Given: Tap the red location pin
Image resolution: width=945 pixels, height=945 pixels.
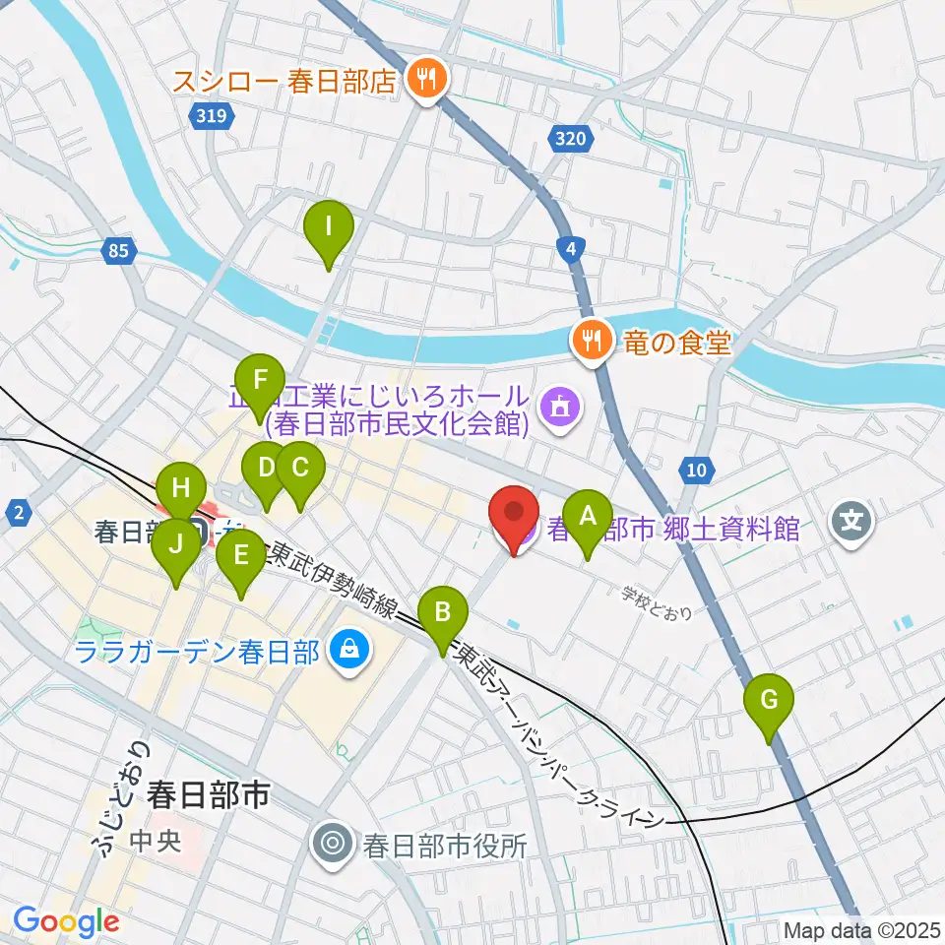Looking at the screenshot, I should click(515, 518).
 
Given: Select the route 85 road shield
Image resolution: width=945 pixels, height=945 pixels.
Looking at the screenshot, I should click(117, 252).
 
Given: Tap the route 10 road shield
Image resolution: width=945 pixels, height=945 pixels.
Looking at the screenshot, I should click(696, 471).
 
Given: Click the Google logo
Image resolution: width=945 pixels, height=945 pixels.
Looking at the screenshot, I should click(66, 920).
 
